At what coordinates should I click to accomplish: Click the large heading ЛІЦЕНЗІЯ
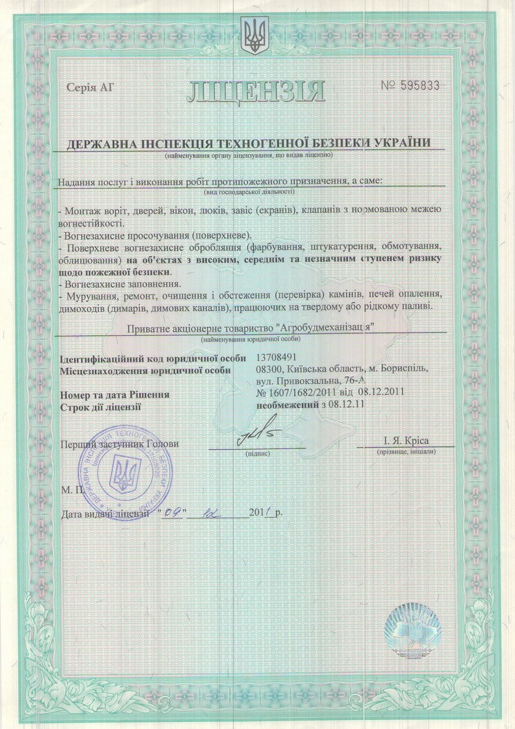click(x=255, y=90)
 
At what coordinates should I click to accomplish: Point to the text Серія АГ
click(x=89, y=87)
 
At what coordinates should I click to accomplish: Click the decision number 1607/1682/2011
click(x=308, y=394)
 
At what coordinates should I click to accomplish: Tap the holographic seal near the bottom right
click(x=413, y=628)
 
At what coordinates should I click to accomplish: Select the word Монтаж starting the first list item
click(x=83, y=209)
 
